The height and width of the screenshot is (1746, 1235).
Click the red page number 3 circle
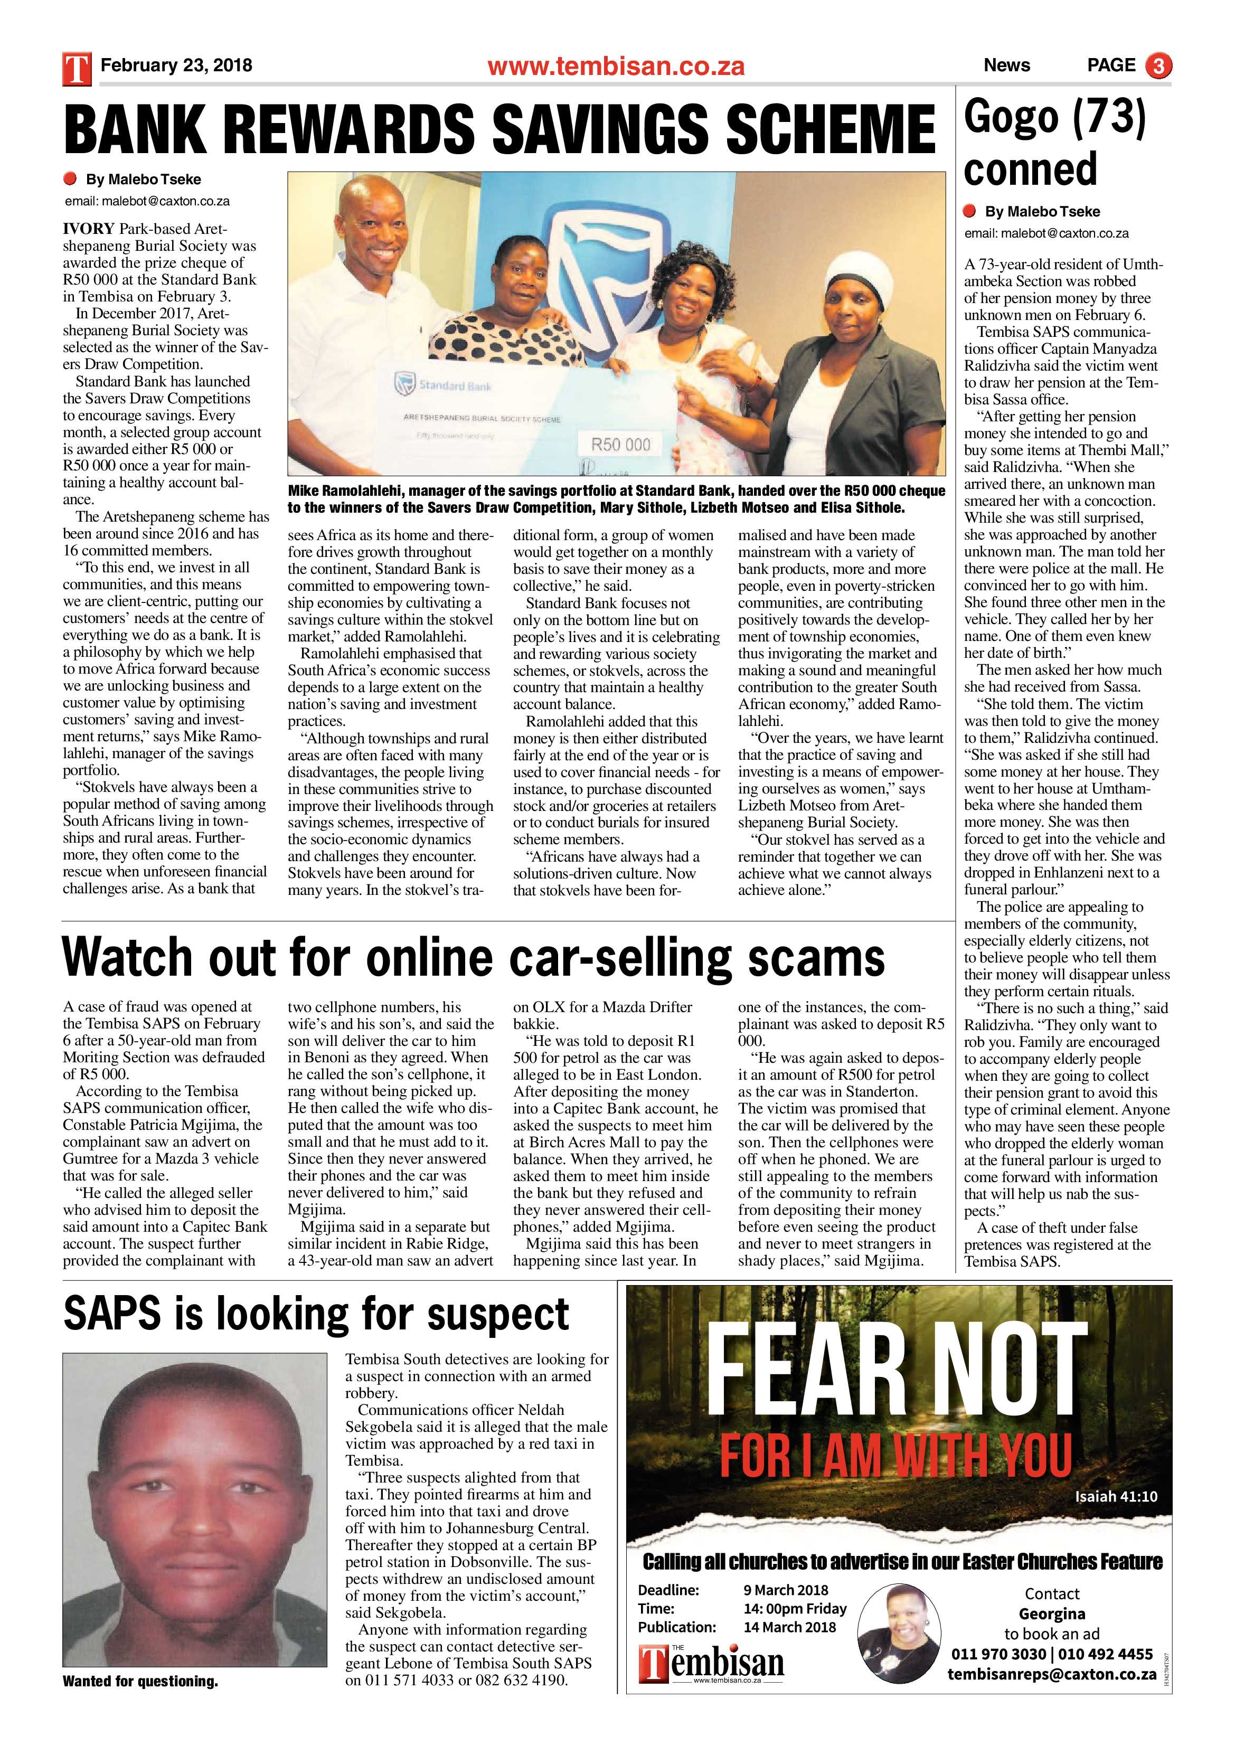click(x=1159, y=65)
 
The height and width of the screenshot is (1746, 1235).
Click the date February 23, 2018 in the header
click(x=176, y=65)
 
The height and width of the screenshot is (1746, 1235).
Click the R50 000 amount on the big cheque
click(x=620, y=444)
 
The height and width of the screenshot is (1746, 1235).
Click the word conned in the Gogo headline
click(x=1031, y=169)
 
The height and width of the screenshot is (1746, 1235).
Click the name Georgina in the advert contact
click(x=1052, y=1613)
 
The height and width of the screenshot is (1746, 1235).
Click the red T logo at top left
click(x=78, y=67)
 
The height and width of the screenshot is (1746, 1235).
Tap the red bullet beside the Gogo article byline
click(x=969, y=211)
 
